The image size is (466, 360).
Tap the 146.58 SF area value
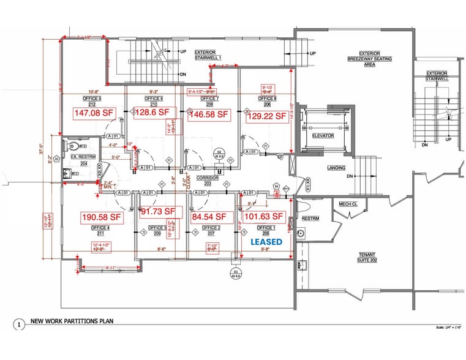(x=209, y=114)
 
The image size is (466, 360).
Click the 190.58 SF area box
(x=102, y=217)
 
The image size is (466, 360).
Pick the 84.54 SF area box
(x=209, y=216)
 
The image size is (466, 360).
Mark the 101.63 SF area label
(x=265, y=216)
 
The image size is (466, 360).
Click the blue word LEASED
(x=267, y=242)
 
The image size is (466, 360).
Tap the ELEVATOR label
(x=323, y=135)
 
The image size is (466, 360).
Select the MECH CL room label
(x=348, y=204)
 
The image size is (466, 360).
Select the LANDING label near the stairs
(x=336, y=168)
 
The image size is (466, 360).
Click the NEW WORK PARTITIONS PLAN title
(x=72, y=321)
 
